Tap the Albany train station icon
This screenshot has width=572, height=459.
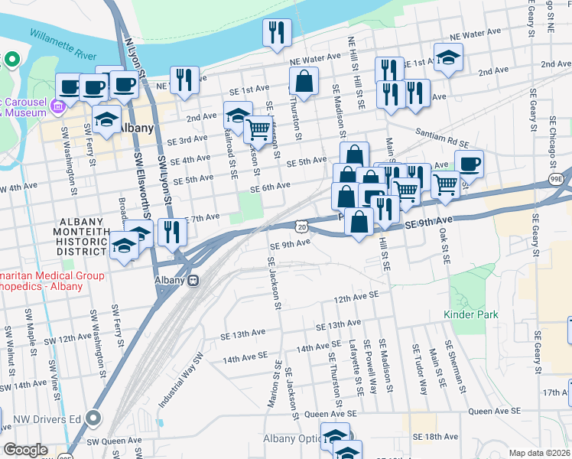[x=194, y=280]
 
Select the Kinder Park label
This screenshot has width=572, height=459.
[x=471, y=314]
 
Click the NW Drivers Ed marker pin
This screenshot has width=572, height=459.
[x=94, y=418]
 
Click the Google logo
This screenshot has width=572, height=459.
[x=25, y=450]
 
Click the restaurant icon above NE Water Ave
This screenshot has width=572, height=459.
[x=275, y=32]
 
